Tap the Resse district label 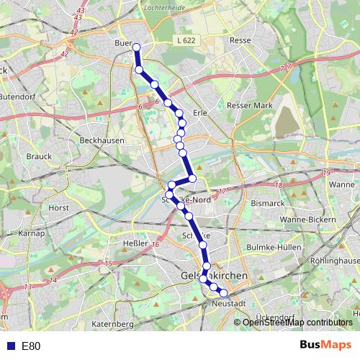[x=240, y=40]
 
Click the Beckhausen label [x=102, y=140]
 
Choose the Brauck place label [x=36, y=156]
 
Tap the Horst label [x=58, y=207]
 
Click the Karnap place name [x=32, y=234]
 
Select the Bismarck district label [x=268, y=204]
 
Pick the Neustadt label [x=230, y=304]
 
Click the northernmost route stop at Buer [x=135, y=48]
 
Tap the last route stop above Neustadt [x=223, y=292]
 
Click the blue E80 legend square [x=10, y=346]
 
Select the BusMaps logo [x=325, y=345]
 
